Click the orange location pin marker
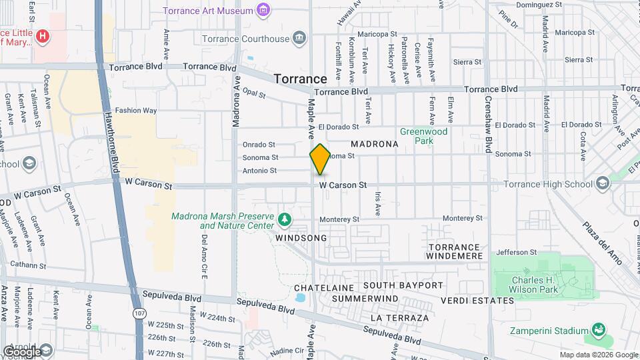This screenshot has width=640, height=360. (x=320, y=159)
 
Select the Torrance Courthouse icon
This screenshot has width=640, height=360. (x=299, y=38)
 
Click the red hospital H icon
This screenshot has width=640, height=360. (x=43, y=35)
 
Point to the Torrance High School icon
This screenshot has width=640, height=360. (x=603, y=183)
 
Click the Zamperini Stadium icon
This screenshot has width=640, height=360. (x=598, y=330)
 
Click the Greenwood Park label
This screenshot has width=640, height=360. (x=423, y=136)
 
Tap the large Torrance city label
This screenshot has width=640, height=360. (x=300, y=79)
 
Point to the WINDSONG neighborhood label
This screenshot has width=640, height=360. (x=301, y=238)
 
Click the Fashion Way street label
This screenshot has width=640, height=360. (x=136, y=111)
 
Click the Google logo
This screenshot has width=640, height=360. (x=22, y=351)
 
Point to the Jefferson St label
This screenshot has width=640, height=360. (x=516, y=253)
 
